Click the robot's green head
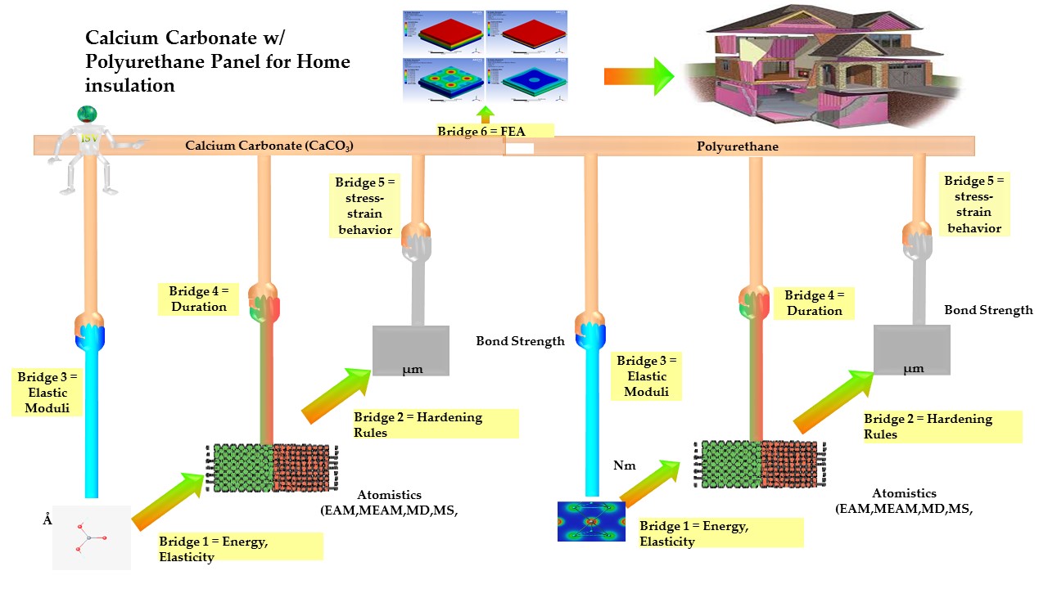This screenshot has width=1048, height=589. pos(87,115)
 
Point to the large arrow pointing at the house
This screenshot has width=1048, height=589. pos(639,76)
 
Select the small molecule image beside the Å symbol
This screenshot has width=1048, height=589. pos(92,537)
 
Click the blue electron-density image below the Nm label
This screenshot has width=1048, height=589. pos(591,521)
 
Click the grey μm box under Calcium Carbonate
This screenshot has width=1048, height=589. pos(411,351)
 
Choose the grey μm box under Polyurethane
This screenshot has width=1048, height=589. pos(912,350)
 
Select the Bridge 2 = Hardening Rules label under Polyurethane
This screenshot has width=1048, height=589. pos(942,426)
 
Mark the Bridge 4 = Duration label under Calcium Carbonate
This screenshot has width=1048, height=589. pos(199,299)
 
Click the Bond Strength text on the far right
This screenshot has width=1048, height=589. pos(988,310)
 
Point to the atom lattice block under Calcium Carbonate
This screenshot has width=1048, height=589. pos(271,468)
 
